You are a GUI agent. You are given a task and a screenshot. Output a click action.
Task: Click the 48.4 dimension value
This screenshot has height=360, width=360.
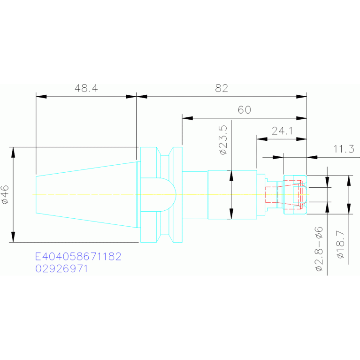click(86, 88)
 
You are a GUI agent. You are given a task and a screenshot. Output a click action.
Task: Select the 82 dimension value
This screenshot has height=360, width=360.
click(222, 88)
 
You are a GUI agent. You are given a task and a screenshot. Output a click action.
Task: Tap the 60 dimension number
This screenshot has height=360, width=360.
click(245, 110)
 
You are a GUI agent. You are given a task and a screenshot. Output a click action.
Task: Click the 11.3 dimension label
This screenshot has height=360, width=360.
click(344, 149)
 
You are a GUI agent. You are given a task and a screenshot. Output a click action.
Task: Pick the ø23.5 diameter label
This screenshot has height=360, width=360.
click(223, 140)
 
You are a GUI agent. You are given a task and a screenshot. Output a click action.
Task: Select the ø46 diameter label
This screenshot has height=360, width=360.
click(5, 195)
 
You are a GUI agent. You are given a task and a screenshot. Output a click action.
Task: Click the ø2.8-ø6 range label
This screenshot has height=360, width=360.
click(319, 249)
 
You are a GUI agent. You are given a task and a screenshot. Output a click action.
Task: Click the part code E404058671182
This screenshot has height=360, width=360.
click(78, 257)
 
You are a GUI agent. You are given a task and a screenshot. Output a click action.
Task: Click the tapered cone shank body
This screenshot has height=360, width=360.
click(87, 194)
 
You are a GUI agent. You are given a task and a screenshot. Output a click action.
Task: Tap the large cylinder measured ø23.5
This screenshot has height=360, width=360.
click(232, 194)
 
